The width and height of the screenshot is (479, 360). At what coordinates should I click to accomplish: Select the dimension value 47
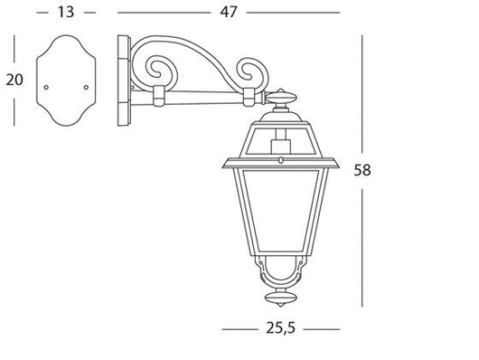coord(229,12)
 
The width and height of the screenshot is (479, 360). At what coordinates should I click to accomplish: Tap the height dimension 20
coord(14,80)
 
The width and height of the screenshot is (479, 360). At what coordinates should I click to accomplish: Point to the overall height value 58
coord(362,169)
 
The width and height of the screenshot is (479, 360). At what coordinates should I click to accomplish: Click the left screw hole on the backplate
coord(47,88)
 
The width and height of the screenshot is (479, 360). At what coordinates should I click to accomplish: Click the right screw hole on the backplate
coord(85,88)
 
